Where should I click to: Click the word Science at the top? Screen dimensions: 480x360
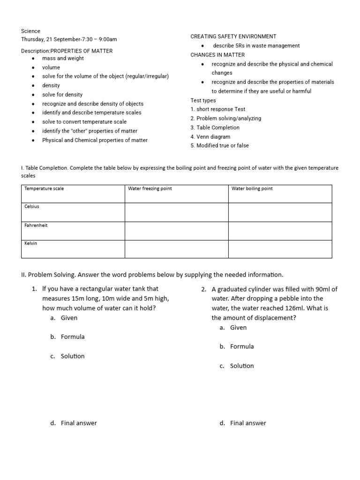[x=31, y=31]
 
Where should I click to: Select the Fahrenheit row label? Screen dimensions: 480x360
[x=36, y=225]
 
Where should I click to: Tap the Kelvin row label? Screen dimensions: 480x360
[x=31, y=243]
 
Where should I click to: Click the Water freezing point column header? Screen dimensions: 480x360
[x=150, y=188]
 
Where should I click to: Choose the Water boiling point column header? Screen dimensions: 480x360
[x=252, y=188]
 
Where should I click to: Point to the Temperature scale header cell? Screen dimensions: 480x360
[x=44, y=188]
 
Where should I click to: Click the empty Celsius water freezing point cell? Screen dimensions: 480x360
[x=176, y=212]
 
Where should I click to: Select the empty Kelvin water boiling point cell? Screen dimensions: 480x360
[x=280, y=249]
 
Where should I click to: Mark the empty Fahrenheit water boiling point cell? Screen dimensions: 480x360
[x=280, y=231]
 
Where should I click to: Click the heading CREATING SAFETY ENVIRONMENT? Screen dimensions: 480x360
[x=233, y=37]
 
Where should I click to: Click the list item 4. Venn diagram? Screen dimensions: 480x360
[x=210, y=137]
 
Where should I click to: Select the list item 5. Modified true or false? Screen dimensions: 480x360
[x=220, y=146]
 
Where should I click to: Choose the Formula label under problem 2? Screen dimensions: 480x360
[x=242, y=346]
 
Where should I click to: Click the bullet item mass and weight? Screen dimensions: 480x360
[x=63, y=59]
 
